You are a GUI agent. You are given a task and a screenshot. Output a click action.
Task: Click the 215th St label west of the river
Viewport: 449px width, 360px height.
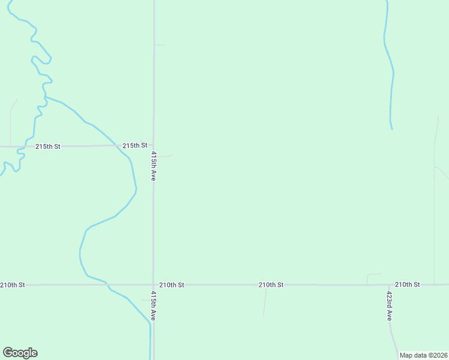pyautogui.click(x=48, y=146)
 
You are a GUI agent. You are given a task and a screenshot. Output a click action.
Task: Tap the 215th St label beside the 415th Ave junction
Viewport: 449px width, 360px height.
pyautogui.click(x=135, y=145)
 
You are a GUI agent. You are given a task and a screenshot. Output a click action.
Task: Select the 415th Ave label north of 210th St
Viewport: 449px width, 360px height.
pyautogui.click(x=154, y=166)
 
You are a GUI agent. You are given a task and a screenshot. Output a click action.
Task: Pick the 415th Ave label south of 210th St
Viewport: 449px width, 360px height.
pyautogui.click(x=154, y=305)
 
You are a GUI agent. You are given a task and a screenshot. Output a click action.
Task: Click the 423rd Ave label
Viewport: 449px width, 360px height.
pyautogui.click(x=390, y=306)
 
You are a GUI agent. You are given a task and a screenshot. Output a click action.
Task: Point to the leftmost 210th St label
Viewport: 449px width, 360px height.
pyautogui.click(x=13, y=284)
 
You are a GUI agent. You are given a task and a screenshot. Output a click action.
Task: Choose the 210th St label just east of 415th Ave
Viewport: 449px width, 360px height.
pyautogui.click(x=172, y=284)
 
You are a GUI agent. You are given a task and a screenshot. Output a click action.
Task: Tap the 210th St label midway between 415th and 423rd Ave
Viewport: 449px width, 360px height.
pyautogui.click(x=271, y=284)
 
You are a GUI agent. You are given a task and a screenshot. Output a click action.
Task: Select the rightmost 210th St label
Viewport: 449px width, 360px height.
pyautogui.click(x=408, y=284)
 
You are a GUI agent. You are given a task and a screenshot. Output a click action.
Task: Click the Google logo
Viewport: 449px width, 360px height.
pyautogui.click(x=20, y=353)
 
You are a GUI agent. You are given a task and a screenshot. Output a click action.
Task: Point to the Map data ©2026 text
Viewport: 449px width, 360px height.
pyautogui.click(x=423, y=355)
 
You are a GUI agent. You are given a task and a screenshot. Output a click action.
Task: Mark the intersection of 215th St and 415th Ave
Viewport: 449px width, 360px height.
pyautogui.click(x=153, y=145)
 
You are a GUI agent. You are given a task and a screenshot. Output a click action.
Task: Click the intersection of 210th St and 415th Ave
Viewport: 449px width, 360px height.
pyautogui.click(x=153, y=284)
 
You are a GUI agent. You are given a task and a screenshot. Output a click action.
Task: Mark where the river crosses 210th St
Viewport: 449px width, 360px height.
pyautogui.click(x=107, y=284)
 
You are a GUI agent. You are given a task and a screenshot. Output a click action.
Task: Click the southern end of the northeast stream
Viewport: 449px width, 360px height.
pyautogui.click(x=392, y=128)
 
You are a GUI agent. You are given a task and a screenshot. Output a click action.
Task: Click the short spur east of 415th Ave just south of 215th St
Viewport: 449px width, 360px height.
pyautogui.click(x=164, y=156)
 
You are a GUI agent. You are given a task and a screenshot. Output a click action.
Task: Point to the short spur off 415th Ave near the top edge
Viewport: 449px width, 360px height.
pyautogui.click(x=160, y=44)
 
